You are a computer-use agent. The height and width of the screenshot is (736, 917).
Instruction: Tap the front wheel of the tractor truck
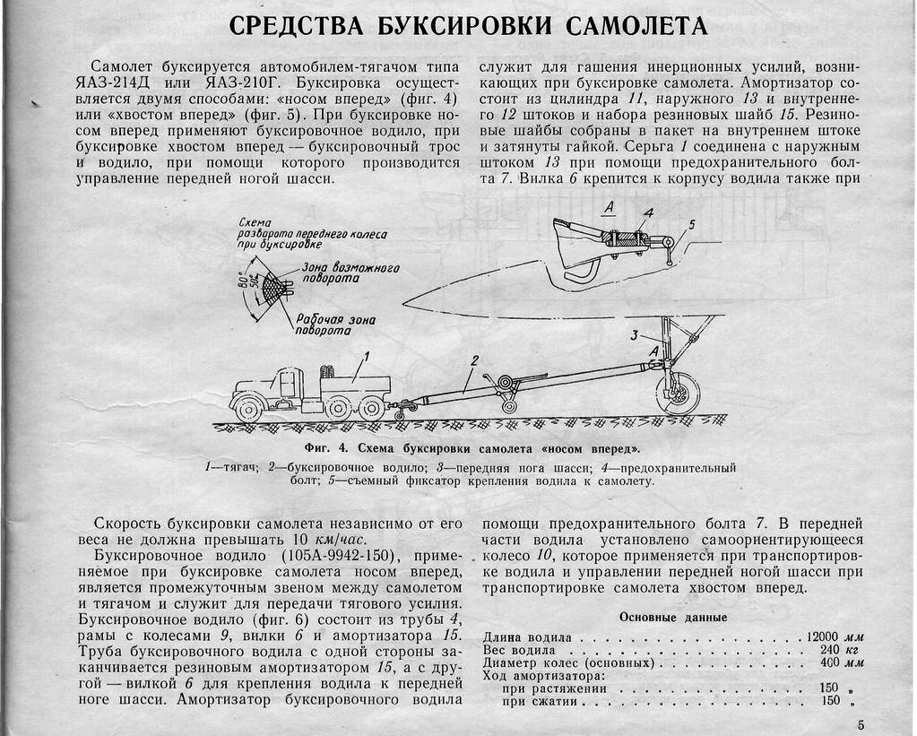[247, 410]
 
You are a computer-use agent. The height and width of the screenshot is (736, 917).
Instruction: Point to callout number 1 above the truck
[366, 358]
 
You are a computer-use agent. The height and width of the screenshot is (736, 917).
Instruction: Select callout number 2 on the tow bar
[475, 360]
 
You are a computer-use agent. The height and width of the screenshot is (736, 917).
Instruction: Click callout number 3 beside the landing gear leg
[632, 335]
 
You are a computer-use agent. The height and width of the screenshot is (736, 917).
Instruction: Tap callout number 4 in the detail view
[648, 212]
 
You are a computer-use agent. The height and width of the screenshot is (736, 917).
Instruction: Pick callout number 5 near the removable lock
[691, 223]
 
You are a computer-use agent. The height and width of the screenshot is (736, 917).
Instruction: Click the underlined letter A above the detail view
[609, 208]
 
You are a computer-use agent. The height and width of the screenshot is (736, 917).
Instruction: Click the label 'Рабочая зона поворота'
[335, 325]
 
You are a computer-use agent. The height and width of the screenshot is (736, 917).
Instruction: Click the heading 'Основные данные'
[673, 617]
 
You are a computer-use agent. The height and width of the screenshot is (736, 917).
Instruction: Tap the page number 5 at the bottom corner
[861, 724]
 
